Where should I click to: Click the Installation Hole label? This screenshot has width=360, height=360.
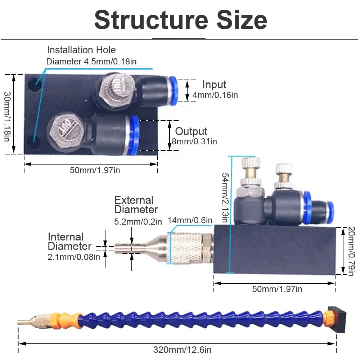81,50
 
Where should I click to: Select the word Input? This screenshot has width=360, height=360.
214,85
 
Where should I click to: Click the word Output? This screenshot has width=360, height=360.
191,131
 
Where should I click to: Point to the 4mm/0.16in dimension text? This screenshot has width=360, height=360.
215,95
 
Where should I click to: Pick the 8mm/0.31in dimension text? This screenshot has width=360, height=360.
194,141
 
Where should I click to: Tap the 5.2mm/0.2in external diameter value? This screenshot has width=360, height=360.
138,222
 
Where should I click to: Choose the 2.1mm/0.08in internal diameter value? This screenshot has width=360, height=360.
73,257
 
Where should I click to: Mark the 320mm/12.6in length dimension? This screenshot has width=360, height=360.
177,350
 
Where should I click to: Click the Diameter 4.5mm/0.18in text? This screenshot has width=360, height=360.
91,61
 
